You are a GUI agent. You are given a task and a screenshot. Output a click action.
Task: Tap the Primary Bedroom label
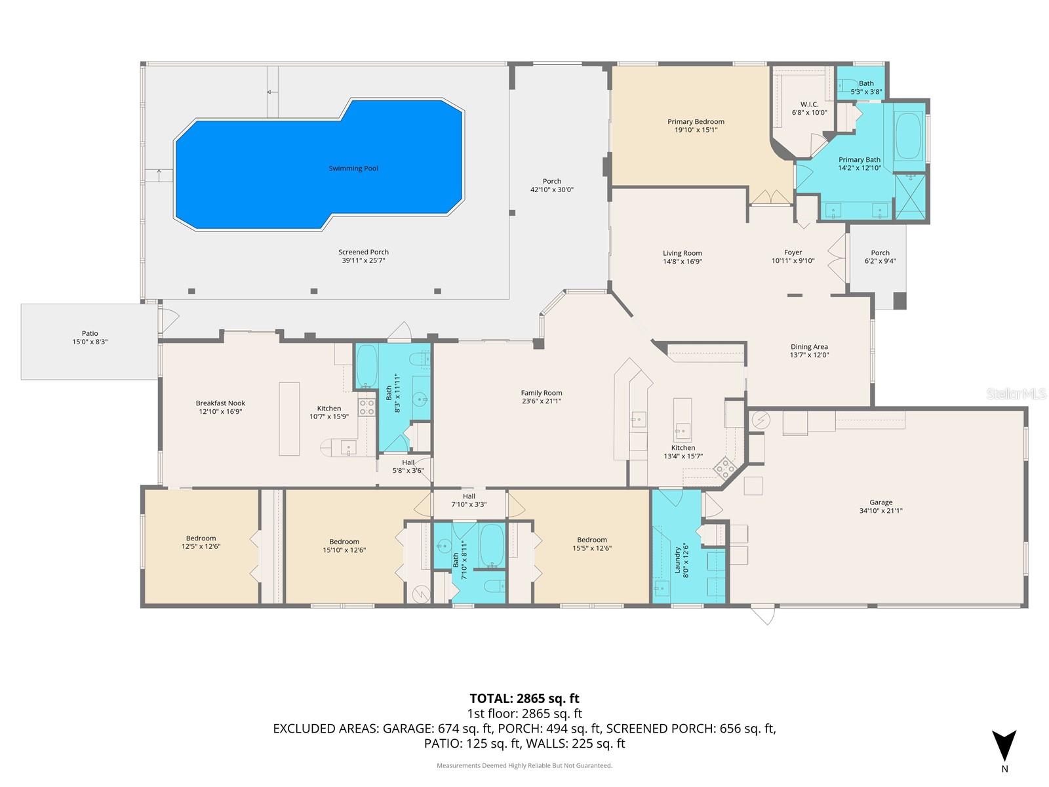[696, 122]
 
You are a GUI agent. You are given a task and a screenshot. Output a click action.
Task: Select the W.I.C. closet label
[809, 104]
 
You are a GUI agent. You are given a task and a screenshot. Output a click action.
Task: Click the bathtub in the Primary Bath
[908, 136]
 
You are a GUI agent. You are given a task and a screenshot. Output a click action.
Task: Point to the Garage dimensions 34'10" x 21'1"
[881, 511]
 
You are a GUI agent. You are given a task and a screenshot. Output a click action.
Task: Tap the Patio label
[90, 334]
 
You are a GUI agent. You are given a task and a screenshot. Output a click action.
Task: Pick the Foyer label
[793, 252]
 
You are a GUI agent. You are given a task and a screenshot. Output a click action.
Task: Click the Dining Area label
[808, 347]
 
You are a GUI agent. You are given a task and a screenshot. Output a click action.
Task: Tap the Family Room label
[542, 393]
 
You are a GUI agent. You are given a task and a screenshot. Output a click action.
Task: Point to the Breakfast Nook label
[220, 403]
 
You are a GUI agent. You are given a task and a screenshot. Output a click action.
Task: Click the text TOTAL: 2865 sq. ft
[524, 698]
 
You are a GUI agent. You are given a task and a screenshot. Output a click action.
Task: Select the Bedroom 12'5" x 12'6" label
[201, 538]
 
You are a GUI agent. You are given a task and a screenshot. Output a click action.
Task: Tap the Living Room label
[682, 253]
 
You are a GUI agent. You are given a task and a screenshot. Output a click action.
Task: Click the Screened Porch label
[363, 252]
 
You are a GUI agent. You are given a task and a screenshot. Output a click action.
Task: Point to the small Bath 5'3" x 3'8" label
[866, 83]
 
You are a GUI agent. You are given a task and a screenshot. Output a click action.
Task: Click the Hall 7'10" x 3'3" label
[468, 496]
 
